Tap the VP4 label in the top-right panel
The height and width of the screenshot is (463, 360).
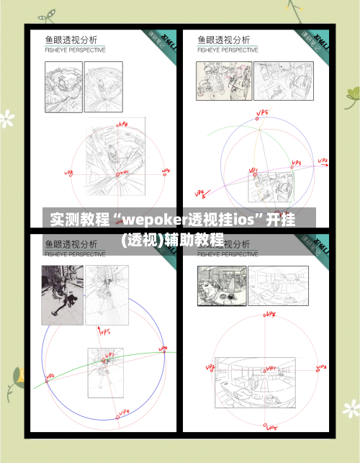[x=200, y=192]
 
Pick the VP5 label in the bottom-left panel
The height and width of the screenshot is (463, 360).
[x=104, y=332]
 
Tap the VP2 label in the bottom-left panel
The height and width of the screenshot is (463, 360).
[x=50, y=376]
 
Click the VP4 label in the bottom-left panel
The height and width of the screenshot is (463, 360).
[x=123, y=413]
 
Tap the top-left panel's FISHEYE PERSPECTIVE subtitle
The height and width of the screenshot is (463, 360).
[x=76, y=50]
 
